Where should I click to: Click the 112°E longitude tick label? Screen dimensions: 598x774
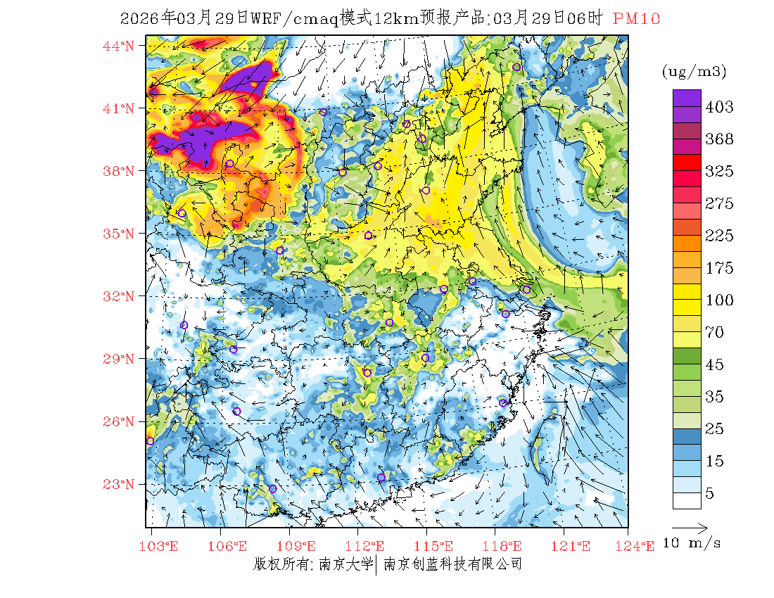pyautogui.click(x=369, y=546)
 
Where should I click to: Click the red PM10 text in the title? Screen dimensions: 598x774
pyautogui.click(x=636, y=19)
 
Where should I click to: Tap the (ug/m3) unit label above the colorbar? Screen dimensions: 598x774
pyautogui.click(x=694, y=72)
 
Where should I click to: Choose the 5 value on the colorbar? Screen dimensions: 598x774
pyautogui.click(x=710, y=494)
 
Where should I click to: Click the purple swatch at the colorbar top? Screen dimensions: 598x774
pyautogui.click(x=687, y=98)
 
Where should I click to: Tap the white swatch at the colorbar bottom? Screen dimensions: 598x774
pyautogui.click(x=687, y=500)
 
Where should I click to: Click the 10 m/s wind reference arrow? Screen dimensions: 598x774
pyautogui.click(x=690, y=527)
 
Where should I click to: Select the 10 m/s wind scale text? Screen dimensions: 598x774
pyautogui.click(x=692, y=543)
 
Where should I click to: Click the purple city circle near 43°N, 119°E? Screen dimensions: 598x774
pyautogui.click(x=516, y=67)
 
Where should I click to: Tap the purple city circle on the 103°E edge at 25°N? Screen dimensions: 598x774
pyautogui.click(x=150, y=441)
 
